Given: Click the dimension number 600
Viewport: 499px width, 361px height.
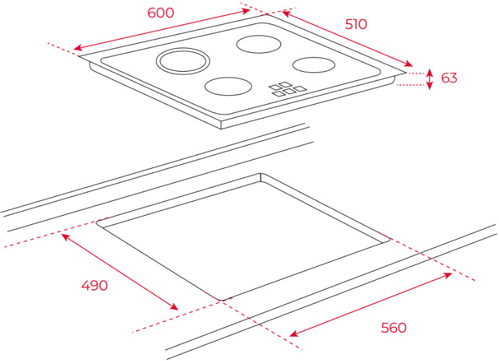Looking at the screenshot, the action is tap(161, 13).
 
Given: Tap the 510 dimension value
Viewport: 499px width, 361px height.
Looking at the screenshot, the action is tap(356, 24).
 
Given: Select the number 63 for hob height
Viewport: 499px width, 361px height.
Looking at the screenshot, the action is tap(449, 78).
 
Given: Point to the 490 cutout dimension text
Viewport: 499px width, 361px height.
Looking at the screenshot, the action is tap(94, 285).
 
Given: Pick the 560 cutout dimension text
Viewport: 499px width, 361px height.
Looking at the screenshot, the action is tap(393, 328).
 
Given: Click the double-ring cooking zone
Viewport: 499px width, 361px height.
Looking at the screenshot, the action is tap(184, 61).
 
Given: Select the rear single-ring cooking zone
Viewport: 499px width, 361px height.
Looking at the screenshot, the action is tap(260, 44).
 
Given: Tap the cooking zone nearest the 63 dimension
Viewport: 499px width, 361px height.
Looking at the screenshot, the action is tap(313, 64).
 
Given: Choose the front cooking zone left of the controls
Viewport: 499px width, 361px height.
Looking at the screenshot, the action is tap(228, 86).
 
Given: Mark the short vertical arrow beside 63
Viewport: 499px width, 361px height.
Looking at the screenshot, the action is tap(430, 78).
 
